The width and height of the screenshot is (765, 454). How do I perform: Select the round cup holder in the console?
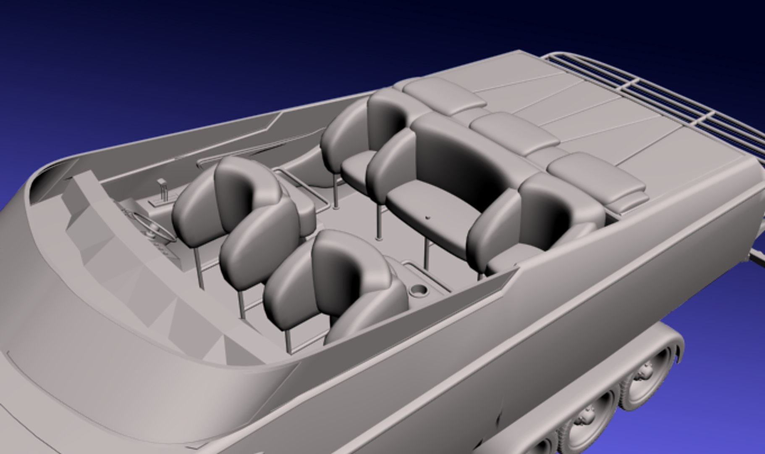point(418,290)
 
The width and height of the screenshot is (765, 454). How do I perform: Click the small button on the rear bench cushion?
point(427,218)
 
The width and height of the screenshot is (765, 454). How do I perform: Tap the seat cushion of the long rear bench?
point(432,214)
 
